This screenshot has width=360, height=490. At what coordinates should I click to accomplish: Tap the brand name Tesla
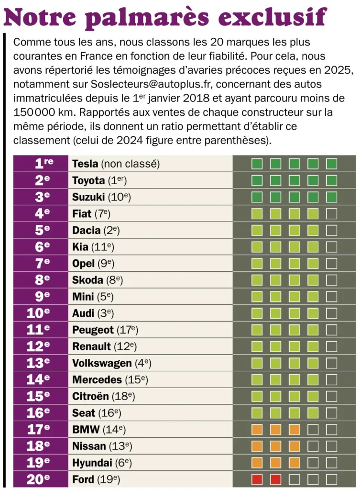[85, 164]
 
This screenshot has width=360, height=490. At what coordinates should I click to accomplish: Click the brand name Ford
[83, 479]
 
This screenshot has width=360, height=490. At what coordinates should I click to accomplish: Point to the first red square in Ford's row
[257, 479]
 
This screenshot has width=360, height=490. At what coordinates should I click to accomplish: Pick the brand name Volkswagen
[101, 363]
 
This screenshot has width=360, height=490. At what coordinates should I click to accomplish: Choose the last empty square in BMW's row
[332, 429]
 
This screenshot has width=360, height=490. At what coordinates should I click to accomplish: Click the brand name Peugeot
[93, 330]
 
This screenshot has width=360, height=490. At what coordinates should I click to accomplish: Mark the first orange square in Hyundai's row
[257, 463]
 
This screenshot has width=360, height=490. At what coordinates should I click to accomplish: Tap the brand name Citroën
[90, 397]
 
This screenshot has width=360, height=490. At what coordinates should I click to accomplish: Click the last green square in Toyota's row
[332, 180]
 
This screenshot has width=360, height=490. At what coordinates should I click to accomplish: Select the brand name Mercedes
[97, 380]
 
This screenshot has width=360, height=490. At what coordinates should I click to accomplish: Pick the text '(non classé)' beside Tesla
[130, 164]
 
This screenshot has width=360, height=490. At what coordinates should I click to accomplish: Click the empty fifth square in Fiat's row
[332, 213]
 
